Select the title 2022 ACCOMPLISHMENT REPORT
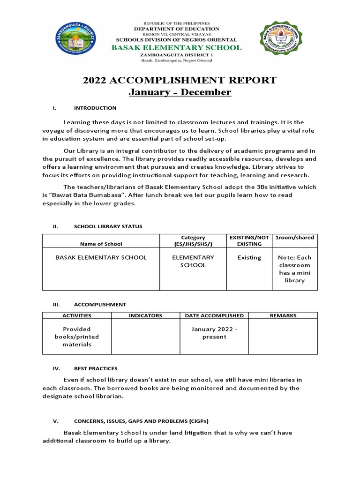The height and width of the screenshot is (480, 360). point(180,80)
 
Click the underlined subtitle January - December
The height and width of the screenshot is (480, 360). point(180,92)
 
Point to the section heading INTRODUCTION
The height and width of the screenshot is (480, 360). point(95,108)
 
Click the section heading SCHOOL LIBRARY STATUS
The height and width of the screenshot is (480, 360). point(108,226)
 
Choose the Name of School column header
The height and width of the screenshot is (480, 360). point(101,244)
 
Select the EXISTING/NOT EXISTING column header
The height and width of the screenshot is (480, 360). point(249,240)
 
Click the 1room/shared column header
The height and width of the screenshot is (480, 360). point(294,238)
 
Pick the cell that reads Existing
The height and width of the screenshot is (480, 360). point(249,258)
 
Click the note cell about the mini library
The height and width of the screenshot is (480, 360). point(294,269)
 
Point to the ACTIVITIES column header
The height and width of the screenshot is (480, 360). point(76,315)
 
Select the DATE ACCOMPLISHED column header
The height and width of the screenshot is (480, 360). point(214,315)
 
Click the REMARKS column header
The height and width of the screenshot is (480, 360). point(283,315)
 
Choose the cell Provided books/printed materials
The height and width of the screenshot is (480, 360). point(76,337)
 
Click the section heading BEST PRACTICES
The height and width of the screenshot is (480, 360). point(96,368)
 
